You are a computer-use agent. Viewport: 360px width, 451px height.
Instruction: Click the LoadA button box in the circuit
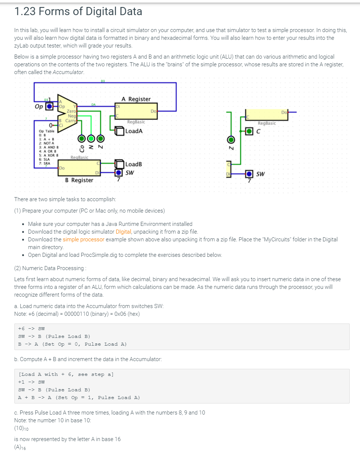pos(120,130)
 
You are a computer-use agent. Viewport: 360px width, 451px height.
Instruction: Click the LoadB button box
pos(120,164)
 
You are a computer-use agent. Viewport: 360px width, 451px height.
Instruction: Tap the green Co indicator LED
pos(81,139)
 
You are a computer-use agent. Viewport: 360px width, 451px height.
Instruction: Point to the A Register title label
pos(136,99)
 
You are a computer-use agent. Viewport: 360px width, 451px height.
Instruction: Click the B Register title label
pos(79,180)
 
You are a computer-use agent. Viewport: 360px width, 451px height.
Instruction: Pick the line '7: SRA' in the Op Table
pos(45,163)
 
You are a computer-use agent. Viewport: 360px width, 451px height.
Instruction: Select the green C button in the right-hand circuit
pos(250,131)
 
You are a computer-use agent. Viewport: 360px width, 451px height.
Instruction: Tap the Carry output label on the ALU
pos(70,120)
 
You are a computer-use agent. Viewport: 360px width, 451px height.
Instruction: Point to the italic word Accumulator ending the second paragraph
pos(68,72)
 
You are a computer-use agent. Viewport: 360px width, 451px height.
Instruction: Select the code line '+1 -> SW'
pos(32,382)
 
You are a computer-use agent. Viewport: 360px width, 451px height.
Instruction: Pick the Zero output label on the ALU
pos(71,111)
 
